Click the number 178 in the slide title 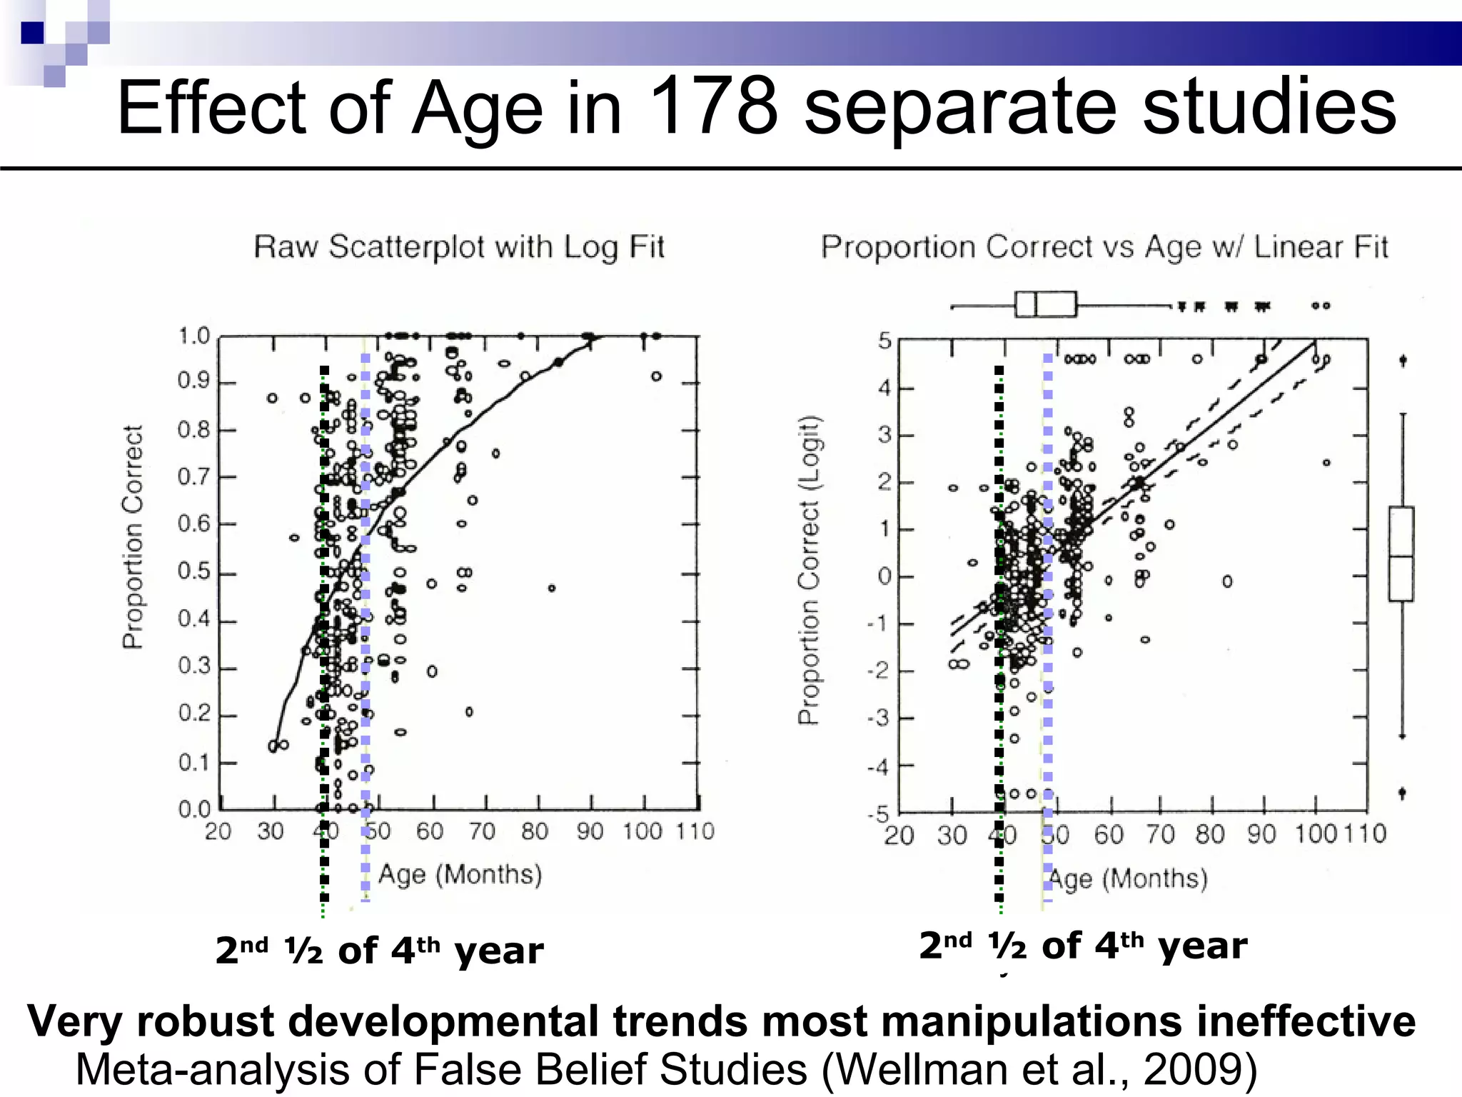pyautogui.click(x=713, y=107)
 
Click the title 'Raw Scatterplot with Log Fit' pyautogui.click(x=459, y=247)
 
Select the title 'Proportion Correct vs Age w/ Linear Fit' pyautogui.click(x=1104, y=247)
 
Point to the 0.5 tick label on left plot pyautogui.click(x=195, y=572)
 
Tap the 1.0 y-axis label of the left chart pyautogui.click(x=194, y=336)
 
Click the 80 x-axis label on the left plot pyautogui.click(x=535, y=831)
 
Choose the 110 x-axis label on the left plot pyautogui.click(x=695, y=831)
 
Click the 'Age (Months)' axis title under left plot pyautogui.click(x=460, y=874)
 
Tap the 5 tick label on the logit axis pyautogui.click(x=884, y=341)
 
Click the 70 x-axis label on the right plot pyautogui.click(x=1161, y=834)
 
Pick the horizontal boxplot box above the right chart pyautogui.click(x=1046, y=304)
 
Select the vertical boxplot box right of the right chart pyautogui.click(x=1401, y=553)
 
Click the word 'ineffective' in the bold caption pyautogui.click(x=1306, y=1021)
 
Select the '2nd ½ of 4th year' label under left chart pyautogui.click(x=379, y=951)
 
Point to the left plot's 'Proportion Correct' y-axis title pyautogui.click(x=133, y=537)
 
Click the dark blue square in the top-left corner pyautogui.click(x=32, y=33)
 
